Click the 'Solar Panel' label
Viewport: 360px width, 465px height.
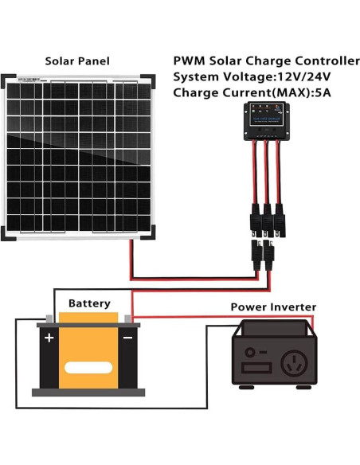[x=77, y=61]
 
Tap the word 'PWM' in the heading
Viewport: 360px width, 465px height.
[x=190, y=61]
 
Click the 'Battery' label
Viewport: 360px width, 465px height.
[x=89, y=303]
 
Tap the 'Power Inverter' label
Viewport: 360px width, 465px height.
[x=273, y=307]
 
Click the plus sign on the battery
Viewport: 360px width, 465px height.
[x=49, y=338]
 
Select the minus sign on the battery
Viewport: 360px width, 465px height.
[x=127, y=338]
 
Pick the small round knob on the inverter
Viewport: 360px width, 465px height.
[x=253, y=352]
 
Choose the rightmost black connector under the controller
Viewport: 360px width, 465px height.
[x=280, y=216]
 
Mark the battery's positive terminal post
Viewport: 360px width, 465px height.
[x=49, y=319]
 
